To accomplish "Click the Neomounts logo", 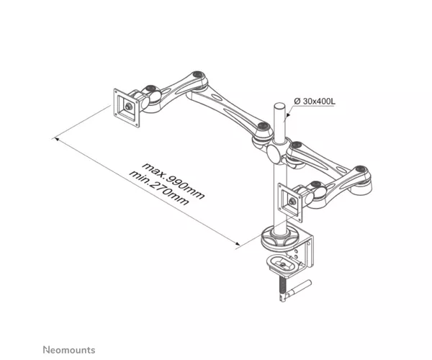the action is click(x=69, y=350).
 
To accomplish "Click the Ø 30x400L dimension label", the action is click(x=315, y=101).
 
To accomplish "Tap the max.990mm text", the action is click(x=174, y=181).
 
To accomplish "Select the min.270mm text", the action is click(x=160, y=188).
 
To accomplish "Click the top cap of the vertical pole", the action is click(x=279, y=106).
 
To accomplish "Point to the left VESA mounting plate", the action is click(x=127, y=108).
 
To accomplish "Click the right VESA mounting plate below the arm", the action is click(x=290, y=202).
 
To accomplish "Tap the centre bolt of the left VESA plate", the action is click(x=128, y=107).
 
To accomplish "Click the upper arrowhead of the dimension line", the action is click(x=56, y=139).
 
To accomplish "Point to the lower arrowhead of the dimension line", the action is click(x=238, y=243).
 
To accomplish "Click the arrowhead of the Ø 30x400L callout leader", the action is click(x=287, y=115).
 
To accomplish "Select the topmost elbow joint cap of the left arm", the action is click(x=197, y=74).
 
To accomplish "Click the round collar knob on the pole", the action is click(x=274, y=153).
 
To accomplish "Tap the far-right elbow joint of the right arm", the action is click(x=360, y=169).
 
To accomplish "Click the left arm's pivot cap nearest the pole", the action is click(x=264, y=126).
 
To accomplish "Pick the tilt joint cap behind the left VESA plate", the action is click(x=150, y=89).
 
